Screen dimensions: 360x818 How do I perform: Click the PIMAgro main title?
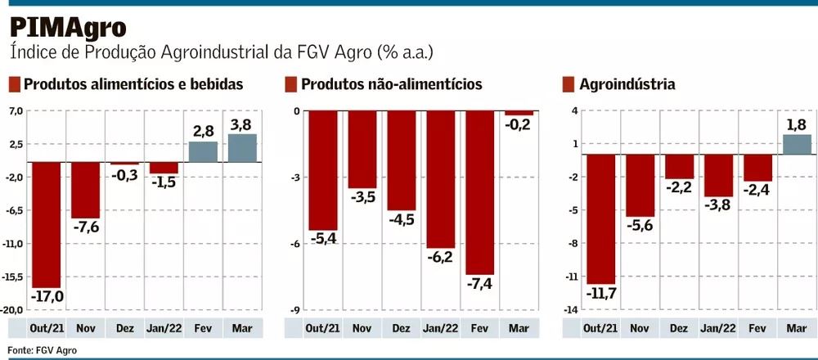point(68,27)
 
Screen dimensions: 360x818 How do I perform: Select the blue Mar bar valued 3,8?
point(241,148)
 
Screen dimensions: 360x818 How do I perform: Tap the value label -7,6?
point(87,227)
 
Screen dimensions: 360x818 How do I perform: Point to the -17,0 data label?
point(47,295)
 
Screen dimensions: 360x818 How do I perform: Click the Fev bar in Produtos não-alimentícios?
point(481,192)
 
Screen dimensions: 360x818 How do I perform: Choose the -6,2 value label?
point(441,256)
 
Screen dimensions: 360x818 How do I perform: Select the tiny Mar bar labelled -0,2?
point(519,113)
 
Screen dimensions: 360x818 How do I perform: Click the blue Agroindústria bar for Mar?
point(797,145)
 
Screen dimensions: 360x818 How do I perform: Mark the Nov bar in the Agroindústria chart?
point(641,186)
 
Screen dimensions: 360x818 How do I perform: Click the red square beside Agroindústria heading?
point(569,84)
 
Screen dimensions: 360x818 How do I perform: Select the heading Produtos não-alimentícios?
point(391,84)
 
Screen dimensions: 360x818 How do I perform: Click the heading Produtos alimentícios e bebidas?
point(133,84)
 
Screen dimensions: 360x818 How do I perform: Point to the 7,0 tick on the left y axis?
point(16,110)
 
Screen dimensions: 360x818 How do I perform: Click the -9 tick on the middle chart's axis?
point(296,310)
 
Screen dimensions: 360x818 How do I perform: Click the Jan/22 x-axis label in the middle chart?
point(441,328)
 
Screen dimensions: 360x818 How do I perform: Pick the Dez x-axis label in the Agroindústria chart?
point(678,328)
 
